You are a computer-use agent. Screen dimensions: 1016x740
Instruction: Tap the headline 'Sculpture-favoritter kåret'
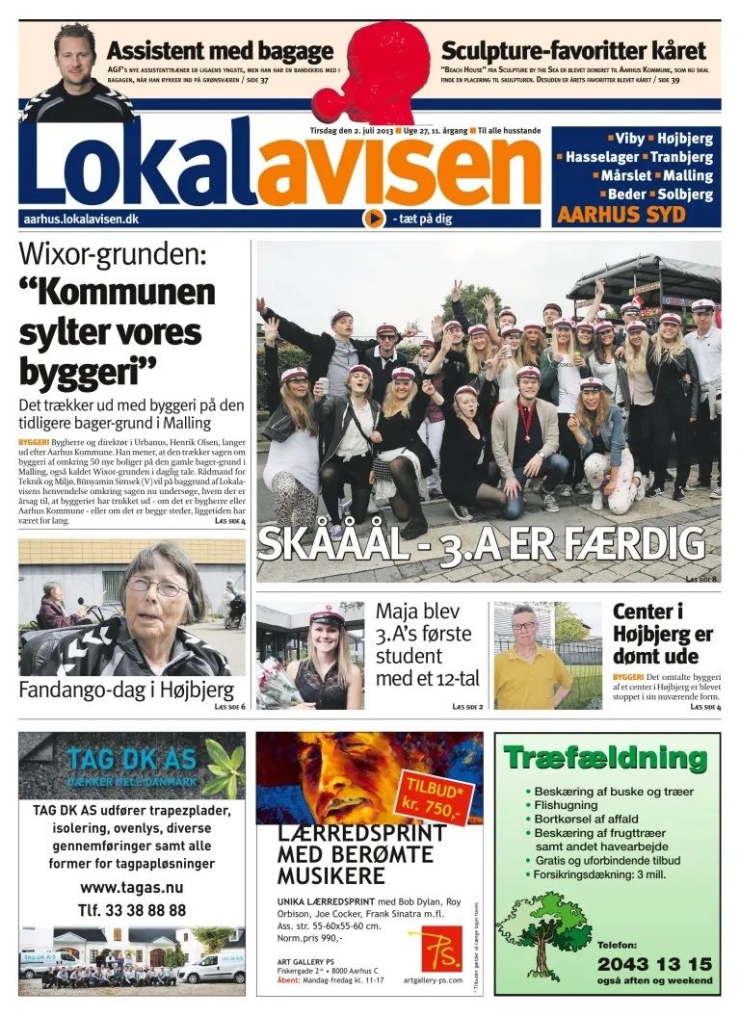click(573, 51)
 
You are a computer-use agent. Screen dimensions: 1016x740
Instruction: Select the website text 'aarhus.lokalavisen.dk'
click(81, 220)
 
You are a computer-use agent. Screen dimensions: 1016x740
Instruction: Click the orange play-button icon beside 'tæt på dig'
click(374, 219)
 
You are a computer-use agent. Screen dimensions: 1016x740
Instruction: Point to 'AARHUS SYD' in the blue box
click(621, 215)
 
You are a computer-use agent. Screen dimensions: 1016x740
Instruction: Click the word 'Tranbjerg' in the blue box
click(681, 157)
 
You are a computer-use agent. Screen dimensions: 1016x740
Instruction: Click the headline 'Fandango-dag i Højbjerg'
click(126, 690)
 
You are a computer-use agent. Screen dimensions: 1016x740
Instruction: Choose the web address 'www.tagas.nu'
click(132, 887)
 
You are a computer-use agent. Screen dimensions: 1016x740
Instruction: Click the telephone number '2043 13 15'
click(654, 964)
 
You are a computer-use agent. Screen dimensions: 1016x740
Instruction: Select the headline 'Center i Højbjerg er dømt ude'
click(663, 635)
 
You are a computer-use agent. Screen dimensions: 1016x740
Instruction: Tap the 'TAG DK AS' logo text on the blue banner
click(132, 758)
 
